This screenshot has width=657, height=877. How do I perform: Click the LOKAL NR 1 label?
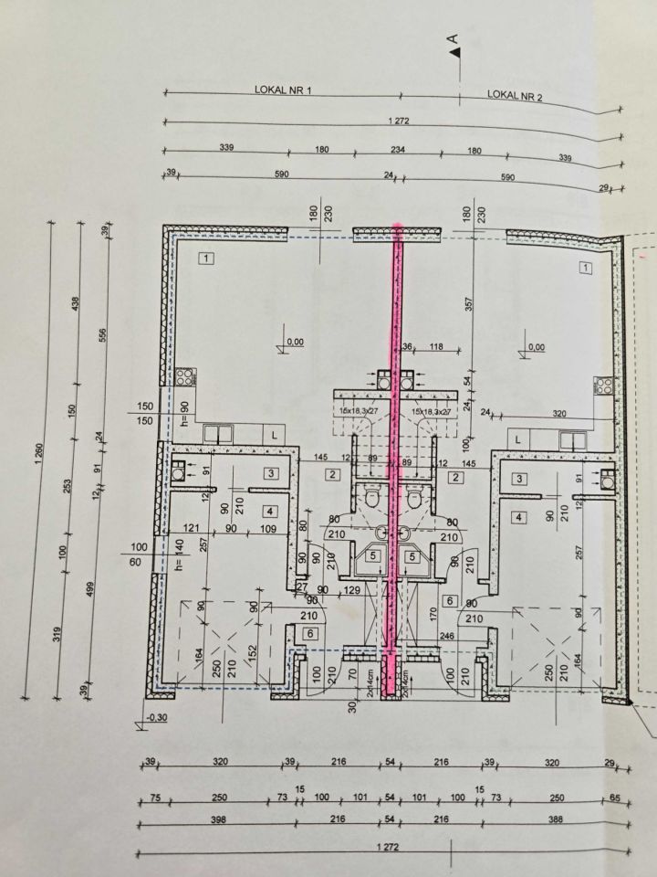(283, 91)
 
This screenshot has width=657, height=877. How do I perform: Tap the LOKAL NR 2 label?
(515, 94)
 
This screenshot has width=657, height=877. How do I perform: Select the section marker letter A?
(450, 39)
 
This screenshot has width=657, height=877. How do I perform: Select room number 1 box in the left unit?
(207, 259)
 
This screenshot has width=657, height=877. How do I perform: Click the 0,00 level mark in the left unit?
(295, 342)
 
